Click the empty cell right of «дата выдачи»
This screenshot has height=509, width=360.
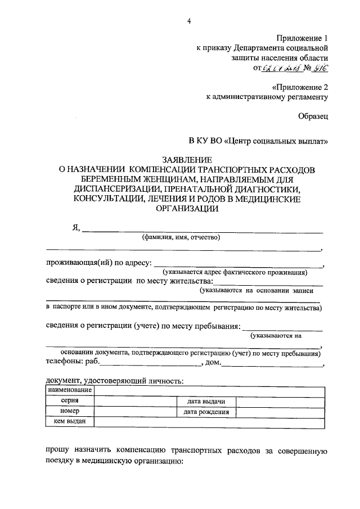pos(280,401)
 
